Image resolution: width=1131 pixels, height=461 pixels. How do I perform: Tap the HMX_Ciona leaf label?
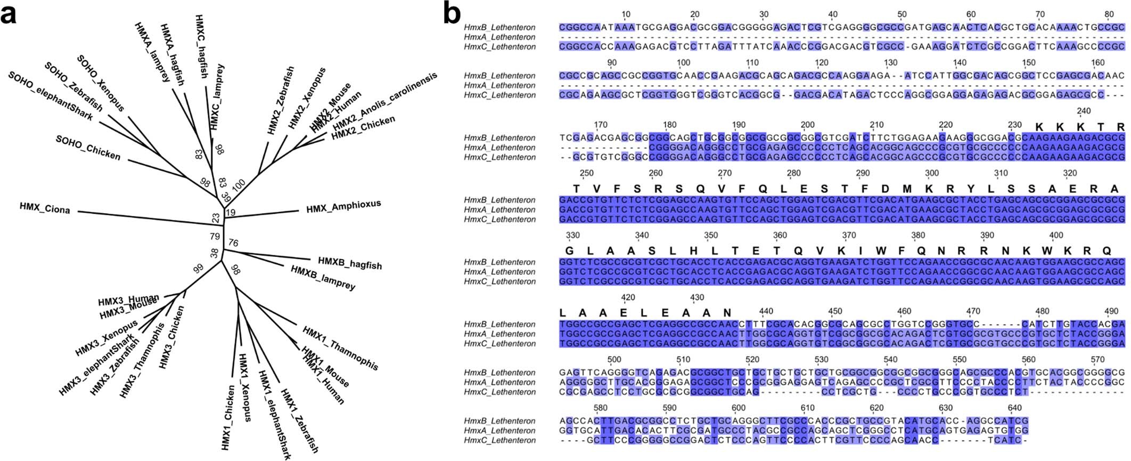tap(45, 208)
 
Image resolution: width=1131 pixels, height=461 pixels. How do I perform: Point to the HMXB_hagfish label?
tap(350, 263)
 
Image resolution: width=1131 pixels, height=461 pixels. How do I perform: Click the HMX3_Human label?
tap(128, 299)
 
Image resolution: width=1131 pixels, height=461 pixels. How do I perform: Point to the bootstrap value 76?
tap(233, 244)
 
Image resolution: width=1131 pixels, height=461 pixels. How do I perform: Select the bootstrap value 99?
tap(199, 268)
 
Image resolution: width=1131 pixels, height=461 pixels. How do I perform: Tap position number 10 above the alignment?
tap(626, 14)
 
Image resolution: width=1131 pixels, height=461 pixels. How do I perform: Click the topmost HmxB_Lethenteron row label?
tap(499, 27)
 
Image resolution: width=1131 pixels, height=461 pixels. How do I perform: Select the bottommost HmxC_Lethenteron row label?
tap(499, 440)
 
